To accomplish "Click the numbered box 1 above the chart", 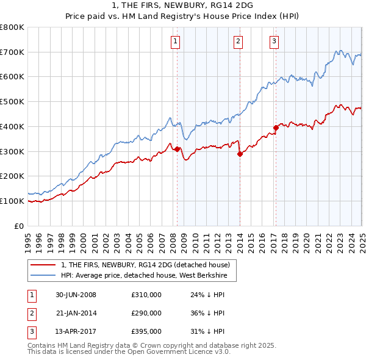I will pyautogui.click(x=175, y=41).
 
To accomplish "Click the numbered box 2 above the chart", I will pyautogui.click(x=237, y=41).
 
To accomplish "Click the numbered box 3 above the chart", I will pyautogui.click(x=274, y=41).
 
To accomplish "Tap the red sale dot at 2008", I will pyautogui.click(x=178, y=149).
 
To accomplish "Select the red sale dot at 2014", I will pyautogui.click(x=240, y=154).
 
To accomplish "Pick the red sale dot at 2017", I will pyautogui.click(x=276, y=128).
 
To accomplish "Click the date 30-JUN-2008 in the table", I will pyautogui.click(x=76, y=295).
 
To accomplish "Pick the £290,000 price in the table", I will pyautogui.click(x=146, y=313).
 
